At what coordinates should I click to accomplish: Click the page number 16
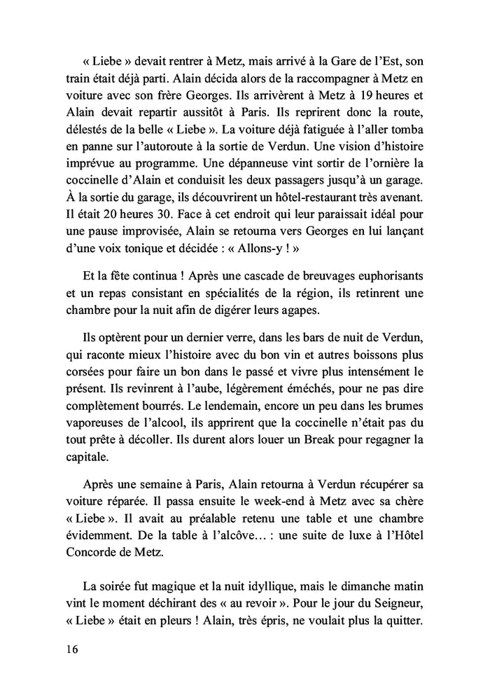coord(68,649)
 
